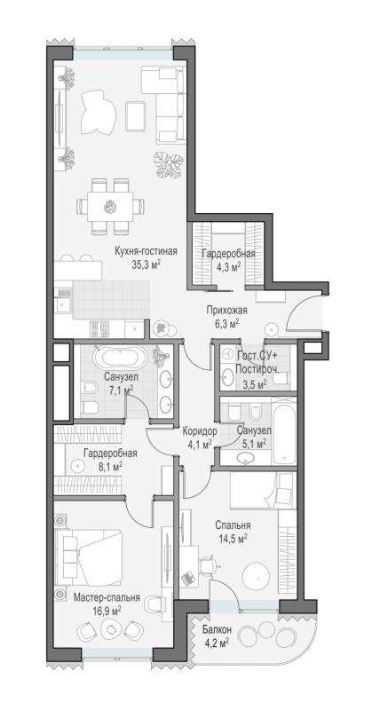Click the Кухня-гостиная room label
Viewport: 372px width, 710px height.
(x=146, y=252)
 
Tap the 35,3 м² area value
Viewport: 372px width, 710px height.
(x=146, y=264)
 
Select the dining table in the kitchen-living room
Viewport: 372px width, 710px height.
(x=111, y=207)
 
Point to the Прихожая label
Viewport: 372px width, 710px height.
(x=226, y=310)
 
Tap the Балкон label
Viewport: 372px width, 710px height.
(x=217, y=629)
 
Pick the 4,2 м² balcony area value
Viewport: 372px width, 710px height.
(x=215, y=642)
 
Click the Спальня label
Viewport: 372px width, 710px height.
(x=233, y=525)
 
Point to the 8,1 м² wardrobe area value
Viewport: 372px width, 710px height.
(x=108, y=465)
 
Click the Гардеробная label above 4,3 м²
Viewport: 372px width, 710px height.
(x=228, y=254)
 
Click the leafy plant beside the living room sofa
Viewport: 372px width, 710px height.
(x=168, y=164)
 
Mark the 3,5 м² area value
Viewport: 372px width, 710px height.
(x=254, y=385)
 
